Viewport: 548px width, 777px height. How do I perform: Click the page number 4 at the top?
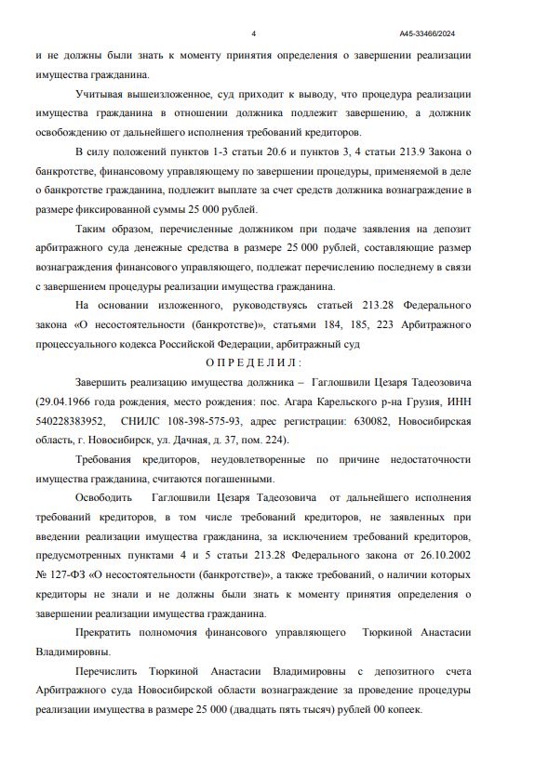point(253,33)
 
